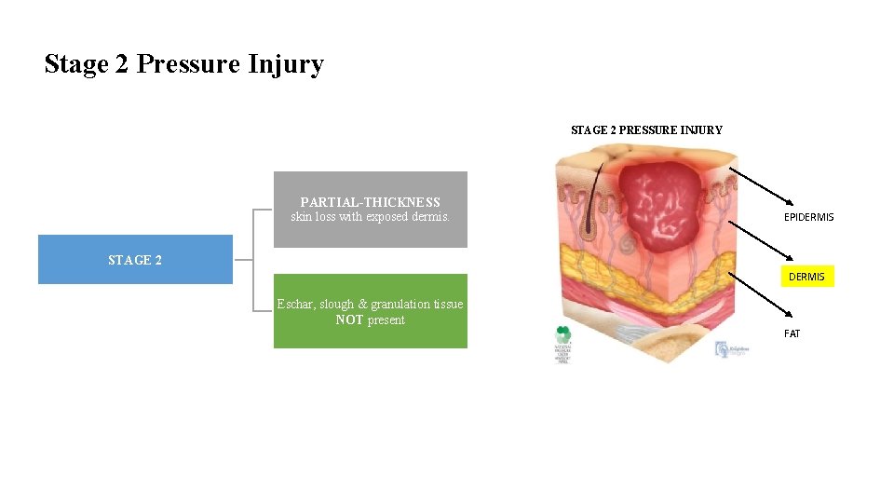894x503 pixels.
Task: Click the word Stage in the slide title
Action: tap(76, 64)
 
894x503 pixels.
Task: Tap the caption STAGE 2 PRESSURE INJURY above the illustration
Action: tap(646, 130)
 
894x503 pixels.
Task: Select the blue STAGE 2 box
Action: tap(135, 260)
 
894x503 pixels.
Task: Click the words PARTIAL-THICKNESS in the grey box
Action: tap(370, 202)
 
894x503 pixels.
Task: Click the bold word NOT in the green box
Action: tap(349, 320)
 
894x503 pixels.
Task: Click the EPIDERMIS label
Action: tap(808, 217)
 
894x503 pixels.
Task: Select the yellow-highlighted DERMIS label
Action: tap(806, 277)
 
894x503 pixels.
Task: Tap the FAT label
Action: tap(792, 333)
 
